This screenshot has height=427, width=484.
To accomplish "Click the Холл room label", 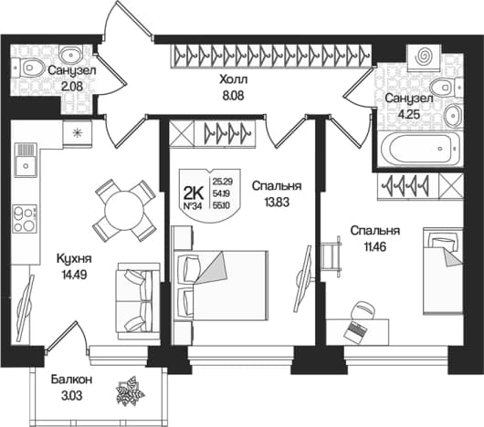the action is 234,79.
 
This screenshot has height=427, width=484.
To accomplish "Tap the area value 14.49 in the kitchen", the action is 74,274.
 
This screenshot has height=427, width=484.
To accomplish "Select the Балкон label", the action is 71,380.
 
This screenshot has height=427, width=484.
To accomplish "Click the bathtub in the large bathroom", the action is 420,149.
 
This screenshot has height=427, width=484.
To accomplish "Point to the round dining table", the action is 124,211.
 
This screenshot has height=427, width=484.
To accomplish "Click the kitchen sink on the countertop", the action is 26,160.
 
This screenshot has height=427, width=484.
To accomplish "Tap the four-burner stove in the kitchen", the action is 25,218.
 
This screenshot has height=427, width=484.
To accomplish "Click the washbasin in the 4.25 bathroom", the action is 453,115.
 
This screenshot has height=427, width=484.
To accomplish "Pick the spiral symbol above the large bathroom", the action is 424,57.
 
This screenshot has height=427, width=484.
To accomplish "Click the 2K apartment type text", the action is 193,194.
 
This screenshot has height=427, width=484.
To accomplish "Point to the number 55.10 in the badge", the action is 221,205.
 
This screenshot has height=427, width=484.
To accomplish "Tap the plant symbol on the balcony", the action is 130,391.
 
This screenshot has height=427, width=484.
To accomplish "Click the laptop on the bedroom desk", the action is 355,331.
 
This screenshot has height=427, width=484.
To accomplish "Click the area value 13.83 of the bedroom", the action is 277,203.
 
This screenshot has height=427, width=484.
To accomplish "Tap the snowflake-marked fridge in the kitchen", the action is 77,133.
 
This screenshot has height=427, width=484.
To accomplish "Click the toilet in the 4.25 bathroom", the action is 447,87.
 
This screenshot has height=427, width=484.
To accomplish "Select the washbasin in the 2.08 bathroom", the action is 70,54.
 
